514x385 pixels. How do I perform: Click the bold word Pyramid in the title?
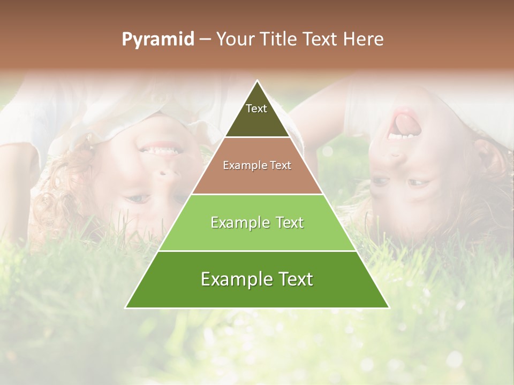point(158,40)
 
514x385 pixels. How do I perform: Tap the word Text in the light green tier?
point(287,222)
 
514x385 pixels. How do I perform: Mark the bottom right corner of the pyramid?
point(388,307)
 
